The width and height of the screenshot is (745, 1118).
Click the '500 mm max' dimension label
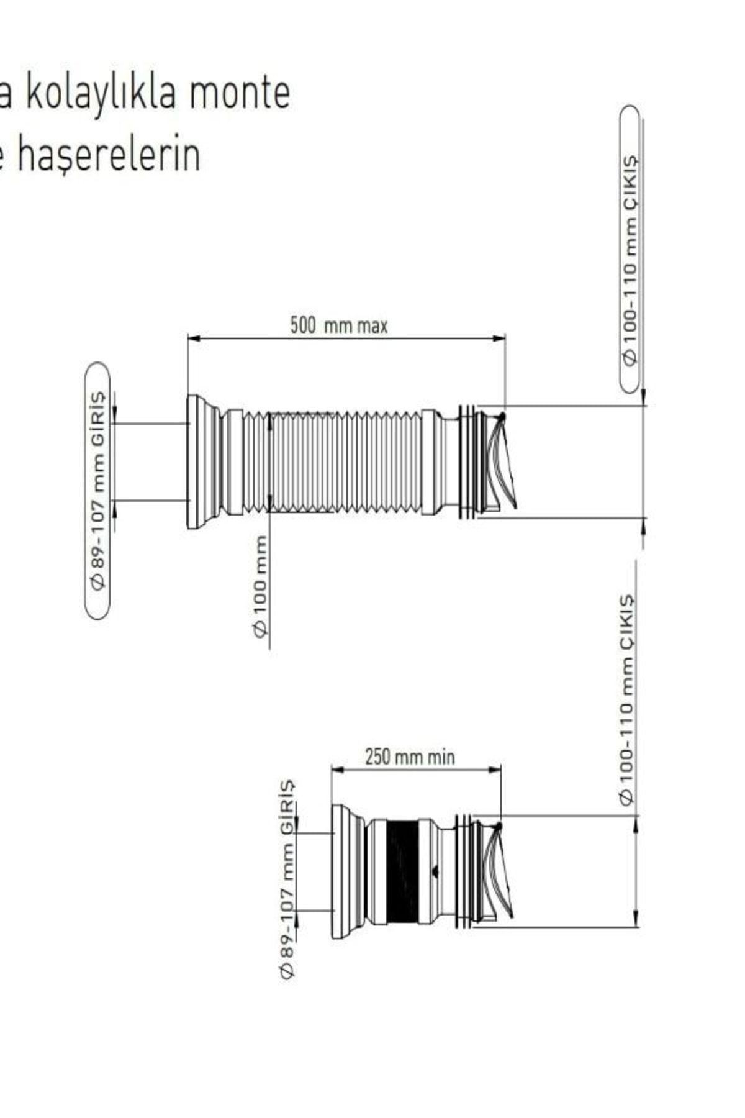339,325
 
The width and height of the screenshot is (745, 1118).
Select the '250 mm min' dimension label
410,757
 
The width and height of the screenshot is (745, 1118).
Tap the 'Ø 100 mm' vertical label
260,586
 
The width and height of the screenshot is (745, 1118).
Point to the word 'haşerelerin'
109,155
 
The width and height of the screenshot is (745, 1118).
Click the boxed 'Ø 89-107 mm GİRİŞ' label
97,490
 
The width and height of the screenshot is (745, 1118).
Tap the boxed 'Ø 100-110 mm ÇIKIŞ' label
630,249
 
